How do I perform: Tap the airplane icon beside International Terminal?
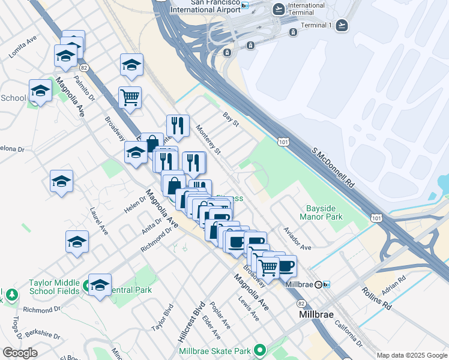click(278, 9)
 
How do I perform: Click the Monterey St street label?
click(209, 139)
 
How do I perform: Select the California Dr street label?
click(349, 335)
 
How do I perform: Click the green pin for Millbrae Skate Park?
click(260, 350)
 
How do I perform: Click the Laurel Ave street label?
click(99, 221)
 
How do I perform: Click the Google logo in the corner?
click(20, 353)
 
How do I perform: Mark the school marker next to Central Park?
click(100, 284)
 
